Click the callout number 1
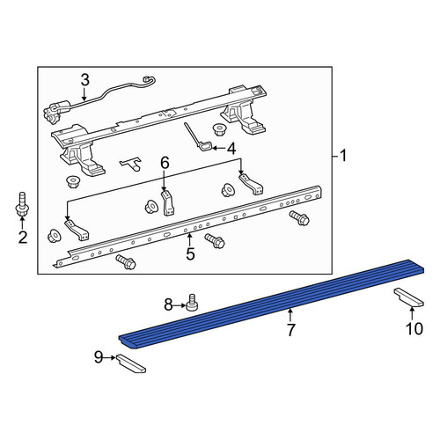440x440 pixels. (x=342, y=156)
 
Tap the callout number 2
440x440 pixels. (x=23, y=238)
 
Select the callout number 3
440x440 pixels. (x=84, y=80)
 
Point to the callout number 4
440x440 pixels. (x=231, y=149)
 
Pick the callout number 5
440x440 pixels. (x=190, y=253)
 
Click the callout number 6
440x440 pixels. (x=165, y=163)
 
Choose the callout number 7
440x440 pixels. (x=290, y=330)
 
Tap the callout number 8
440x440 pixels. (x=168, y=305)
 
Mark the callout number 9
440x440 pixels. (x=99, y=357)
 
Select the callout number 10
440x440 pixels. (x=414, y=328)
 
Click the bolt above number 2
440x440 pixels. (x=22, y=205)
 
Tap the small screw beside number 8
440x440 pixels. (x=192, y=302)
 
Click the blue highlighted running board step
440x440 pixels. (x=271, y=304)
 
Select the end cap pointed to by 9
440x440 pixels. (x=131, y=363)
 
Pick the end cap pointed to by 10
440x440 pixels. (x=409, y=297)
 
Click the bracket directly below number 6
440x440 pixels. (x=167, y=203)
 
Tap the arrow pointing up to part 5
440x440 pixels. (x=190, y=239)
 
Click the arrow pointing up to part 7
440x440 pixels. (x=290, y=315)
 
